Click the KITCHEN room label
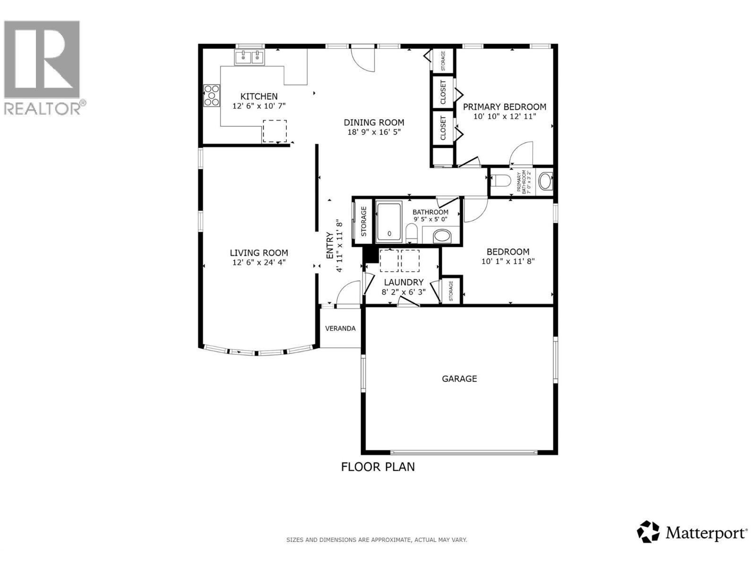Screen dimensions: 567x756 pos(259,96)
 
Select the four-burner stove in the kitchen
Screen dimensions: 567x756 pos(211,95)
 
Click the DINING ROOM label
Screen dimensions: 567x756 pos(374,122)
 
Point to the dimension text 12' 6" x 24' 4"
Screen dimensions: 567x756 pos(259,262)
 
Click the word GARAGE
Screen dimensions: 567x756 pos(459,378)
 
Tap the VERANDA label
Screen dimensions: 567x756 pos(340,328)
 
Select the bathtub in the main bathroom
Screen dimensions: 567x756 pos(389,222)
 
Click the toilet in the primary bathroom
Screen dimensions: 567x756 pos(501,180)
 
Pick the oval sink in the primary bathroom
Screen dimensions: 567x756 pos(545,181)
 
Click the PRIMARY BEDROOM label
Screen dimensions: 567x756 pos(504,107)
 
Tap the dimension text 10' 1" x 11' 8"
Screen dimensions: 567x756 pos(508,261)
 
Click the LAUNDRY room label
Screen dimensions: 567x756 pos(404,283)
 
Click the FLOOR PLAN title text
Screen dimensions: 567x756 pos(378,467)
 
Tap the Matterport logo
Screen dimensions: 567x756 pos(692,533)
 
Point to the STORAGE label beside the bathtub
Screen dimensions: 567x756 pos(364,222)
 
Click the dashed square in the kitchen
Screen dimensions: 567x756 pos(275,131)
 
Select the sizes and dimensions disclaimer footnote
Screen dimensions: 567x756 pos(377,540)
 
